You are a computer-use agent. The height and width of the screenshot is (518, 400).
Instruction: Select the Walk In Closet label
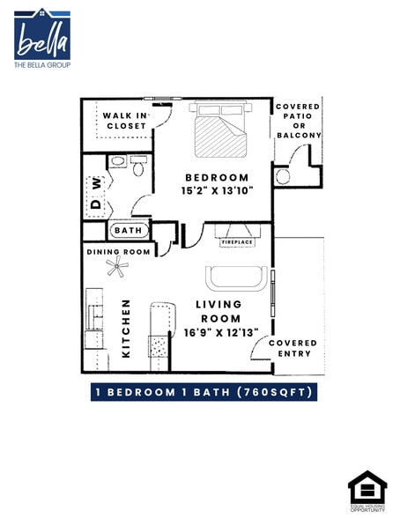[x=125, y=121]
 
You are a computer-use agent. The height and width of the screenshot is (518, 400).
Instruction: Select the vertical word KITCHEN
[x=126, y=328]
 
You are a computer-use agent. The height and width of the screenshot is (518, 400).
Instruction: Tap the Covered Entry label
[x=293, y=349]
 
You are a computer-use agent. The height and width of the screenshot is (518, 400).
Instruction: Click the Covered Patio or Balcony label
[x=298, y=121]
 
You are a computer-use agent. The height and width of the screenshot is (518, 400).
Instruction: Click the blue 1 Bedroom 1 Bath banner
[x=204, y=392]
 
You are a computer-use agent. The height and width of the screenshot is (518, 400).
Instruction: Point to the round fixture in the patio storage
[x=283, y=176]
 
